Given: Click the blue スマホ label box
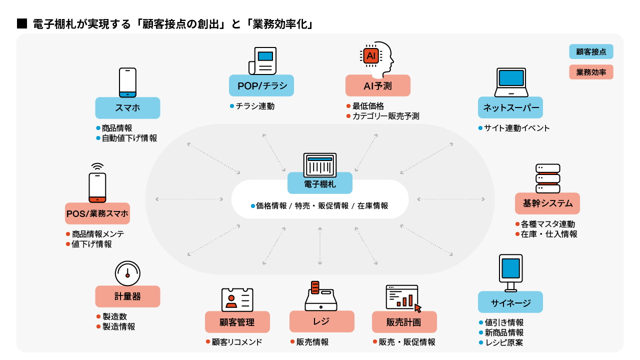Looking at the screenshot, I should pyautogui.click(x=127, y=108).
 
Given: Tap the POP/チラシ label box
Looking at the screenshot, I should pyautogui.click(x=261, y=85).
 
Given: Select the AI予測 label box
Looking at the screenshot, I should pyautogui.click(x=377, y=85).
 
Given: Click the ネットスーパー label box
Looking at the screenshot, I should pyautogui.click(x=510, y=107).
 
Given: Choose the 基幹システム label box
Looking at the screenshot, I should pyautogui.click(x=547, y=203).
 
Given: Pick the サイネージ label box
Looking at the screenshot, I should pyautogui.click(x=510, y=302).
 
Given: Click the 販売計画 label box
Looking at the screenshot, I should pyautogui.click(x=404, y=322).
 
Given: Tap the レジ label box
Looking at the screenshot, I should pyautogui.click(x=321, y=321).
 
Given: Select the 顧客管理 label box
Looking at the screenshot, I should pyautogui.click(x=237, y=322).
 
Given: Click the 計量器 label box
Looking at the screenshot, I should pyautogui.click(x=127, y=296).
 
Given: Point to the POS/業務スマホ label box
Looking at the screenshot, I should pyautogui.click(x=97, y=213).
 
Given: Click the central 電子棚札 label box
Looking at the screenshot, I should pyautogui.click(x=319, y=183).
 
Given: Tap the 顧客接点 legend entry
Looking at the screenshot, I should pyautogui.click(x=591, y=51).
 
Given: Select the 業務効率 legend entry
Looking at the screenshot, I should pyautogui.click(x=591, y=72).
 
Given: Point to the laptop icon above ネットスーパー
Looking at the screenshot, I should pyautogui.click(x=511, y=82).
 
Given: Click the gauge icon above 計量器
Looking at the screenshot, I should pyautogui.click(x=127, y=273).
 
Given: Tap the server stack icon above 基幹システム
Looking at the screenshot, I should pyautogui.click(x=547, y=178).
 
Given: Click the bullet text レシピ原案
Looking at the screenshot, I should pyautogui.click(x=504, y=342).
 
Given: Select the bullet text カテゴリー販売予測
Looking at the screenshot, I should pyautogui.click(x=385, y=116).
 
